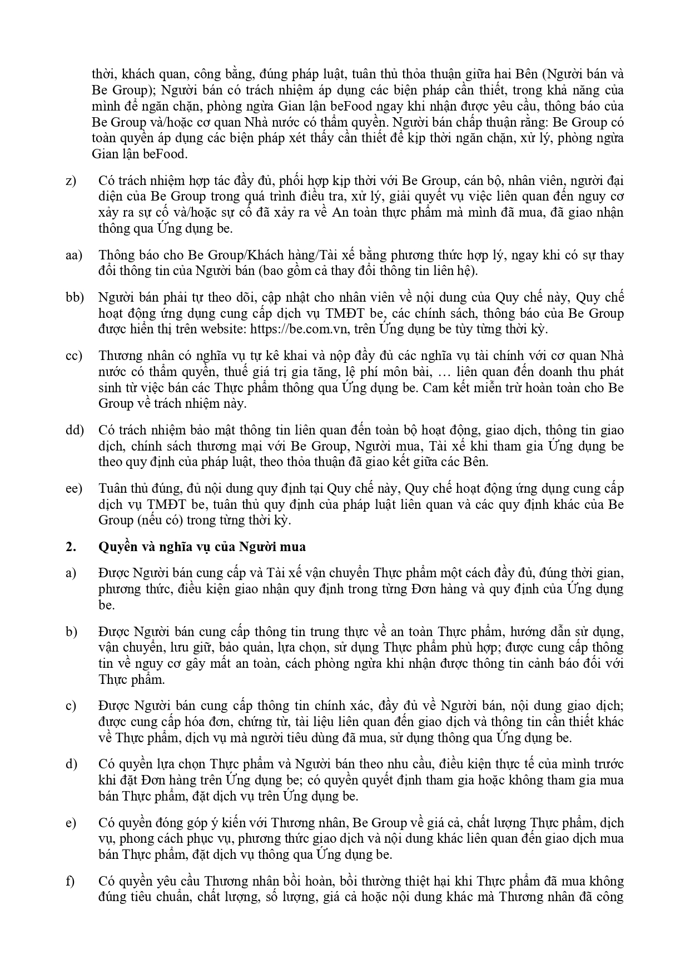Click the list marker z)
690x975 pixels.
pyautogui.click(x=71, y=181)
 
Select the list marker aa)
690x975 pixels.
pyautogui.click(x=73, y=256)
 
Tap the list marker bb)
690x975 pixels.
pyautogui.click(x=74, y=298)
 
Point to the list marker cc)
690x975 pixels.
pyautogui.click(x=73, y=356)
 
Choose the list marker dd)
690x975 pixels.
pyautogui.click(x=74, y=431)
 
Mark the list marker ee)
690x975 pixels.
pyautogui.click(x=73, y=489)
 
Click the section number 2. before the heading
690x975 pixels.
pyautogui.click(x=70, y=547)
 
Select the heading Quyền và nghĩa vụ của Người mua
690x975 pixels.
pyautogui.click(x=202, y=547)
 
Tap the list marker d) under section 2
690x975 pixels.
pyautogui.click(x=71, y=764)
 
